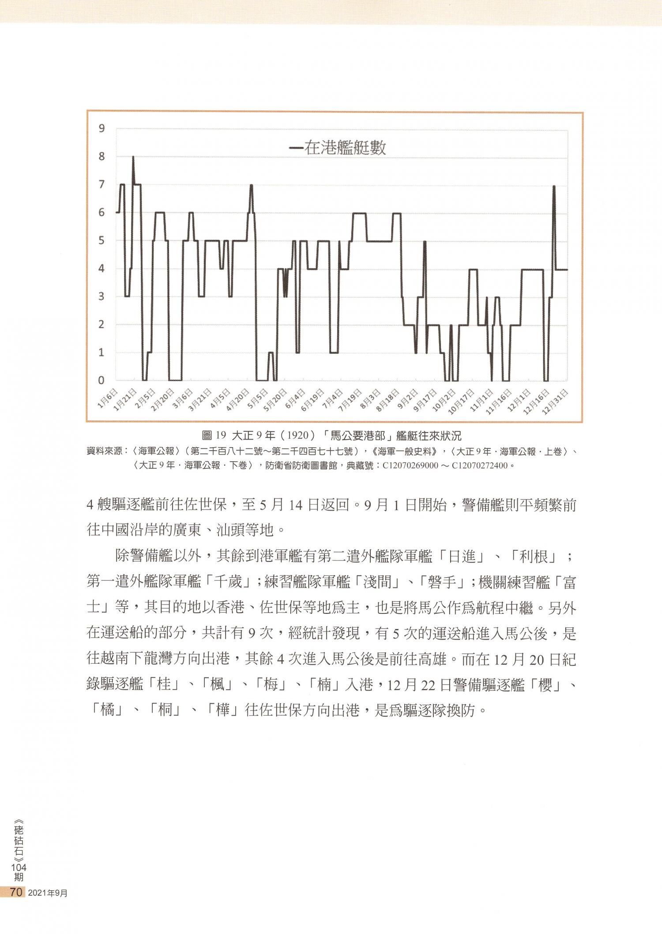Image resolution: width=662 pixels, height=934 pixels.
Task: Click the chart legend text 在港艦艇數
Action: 345,148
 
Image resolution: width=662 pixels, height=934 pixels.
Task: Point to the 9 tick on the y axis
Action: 102,128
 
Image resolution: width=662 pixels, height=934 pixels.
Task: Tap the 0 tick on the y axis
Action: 102,380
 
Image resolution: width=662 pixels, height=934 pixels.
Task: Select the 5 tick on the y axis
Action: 102,240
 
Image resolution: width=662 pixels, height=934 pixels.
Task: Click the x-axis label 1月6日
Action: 108,399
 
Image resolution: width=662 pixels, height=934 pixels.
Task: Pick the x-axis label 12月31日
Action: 555,401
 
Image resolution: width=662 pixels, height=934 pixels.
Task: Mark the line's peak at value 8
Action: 133,157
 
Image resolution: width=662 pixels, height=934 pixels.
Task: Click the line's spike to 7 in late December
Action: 554,187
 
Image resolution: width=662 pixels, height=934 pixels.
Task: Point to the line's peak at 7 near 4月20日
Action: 251,185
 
